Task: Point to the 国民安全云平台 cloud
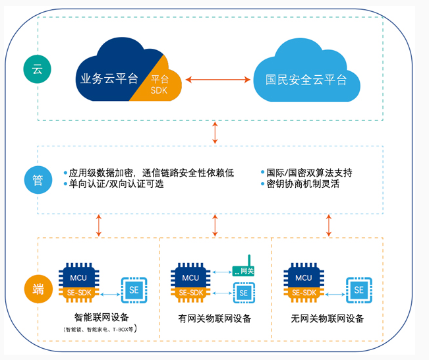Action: [x=306, y=80]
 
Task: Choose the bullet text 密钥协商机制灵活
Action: [x=302, y=184]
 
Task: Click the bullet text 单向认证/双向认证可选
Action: [x=116, y=184]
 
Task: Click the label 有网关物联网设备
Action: [x=215, y=319]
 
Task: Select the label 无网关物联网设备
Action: [x=327, y=319]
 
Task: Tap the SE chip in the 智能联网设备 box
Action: [x=134, y=290]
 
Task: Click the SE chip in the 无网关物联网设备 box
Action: [x=358, y=289]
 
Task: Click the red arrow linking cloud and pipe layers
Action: [x=215, y=133]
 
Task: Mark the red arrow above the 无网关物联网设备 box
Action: [x=328, y=225]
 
